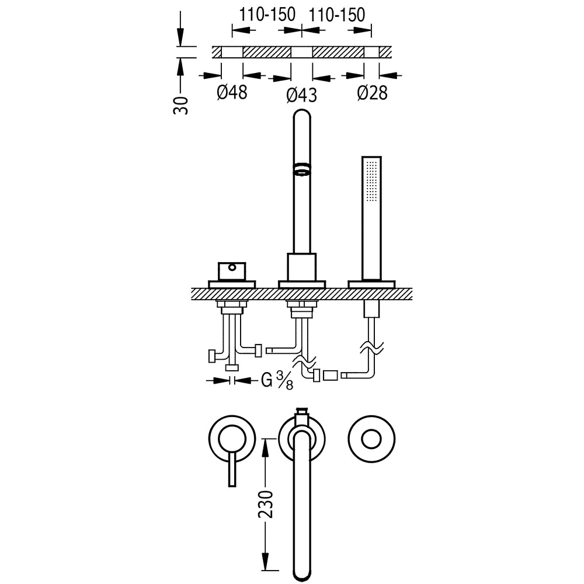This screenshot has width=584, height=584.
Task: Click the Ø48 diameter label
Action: [x=232, y=92]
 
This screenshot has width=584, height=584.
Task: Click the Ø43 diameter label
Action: [x=302, y=95]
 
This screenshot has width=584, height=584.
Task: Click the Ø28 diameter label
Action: [x=372, y=92]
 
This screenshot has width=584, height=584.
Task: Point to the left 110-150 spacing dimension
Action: [x=267, y=15]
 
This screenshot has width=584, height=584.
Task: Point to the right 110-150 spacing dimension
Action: [x=337, y=15]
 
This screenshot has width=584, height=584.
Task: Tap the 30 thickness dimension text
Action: [x=182, y=105]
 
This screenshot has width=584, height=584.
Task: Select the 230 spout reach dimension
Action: [x=266, y=505]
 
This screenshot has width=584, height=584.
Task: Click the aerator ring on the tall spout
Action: [x=302, y=168]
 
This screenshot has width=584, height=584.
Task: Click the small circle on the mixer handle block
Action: [x=232, y=267]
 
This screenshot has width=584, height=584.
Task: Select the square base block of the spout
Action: [x=302, y=267]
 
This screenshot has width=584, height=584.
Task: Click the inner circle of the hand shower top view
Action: [x=371, y=440]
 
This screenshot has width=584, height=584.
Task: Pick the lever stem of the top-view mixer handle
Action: [x=232, y=470]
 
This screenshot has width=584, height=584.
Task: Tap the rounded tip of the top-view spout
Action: [x=302, y=576]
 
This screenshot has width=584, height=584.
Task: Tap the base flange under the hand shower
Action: [x=371, y=284]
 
